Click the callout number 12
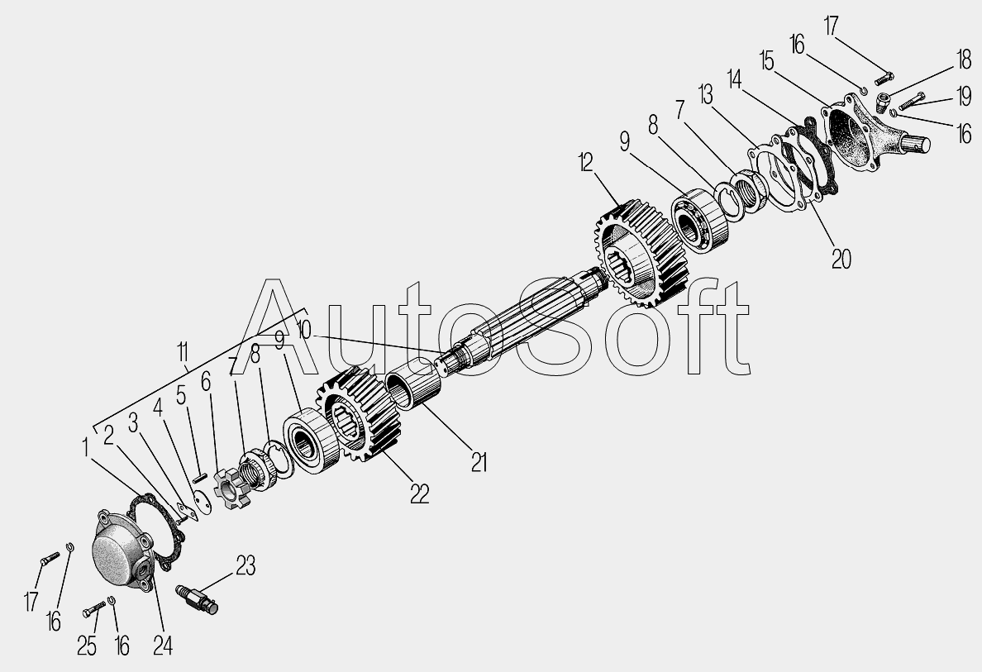[585, 163]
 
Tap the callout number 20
[841, 258]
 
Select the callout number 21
[479, 463]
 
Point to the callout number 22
[420, 494]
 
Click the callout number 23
[245, 565]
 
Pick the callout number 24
[162, 645]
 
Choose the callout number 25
[87, 646]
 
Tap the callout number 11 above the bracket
[182, 353]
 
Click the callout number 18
[963, 60]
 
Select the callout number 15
[766, 61]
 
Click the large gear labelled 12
[641, 253]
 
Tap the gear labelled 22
[360, 414]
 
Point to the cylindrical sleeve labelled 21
[412, 389]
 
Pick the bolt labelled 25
[94, 608]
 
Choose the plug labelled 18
[884, 102]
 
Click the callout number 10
[303, 330]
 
